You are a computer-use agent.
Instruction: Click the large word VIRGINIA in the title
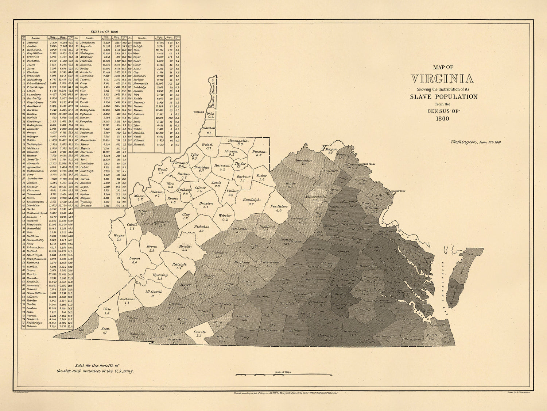pyautogui.click(x=442, y=79)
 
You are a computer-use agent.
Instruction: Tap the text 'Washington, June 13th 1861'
pyautogui.click(x=476, y=142)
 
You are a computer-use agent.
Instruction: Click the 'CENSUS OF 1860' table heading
pyautogui.click(x=104, y=31)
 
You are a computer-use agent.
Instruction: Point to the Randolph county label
pyautogui.click(x=251, y=200)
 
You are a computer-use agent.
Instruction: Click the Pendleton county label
pyautogui.click(x=279, y=206)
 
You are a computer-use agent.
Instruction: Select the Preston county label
pyautogui.click(x=259, y=152)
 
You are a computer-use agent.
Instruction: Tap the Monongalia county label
pyautogui.click(x=238, y=141)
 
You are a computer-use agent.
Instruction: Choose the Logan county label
pyautogui.click(x=135, y=258)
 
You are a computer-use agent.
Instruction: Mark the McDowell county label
pyautogui.click(x=154, y=291)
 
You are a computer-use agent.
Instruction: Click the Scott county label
pyautogui.click(x=105, y=329)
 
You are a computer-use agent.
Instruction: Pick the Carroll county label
pyautogui.click(x=200, y=332)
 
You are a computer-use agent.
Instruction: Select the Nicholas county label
pyautogui.click(x=201, y=227)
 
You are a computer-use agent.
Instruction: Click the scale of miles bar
pyautogui.click(x=283, y=375)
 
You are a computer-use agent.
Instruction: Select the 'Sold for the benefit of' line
pyautogui.click(x=97, y=365)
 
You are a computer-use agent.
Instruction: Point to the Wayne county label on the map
pyautogui.click(x=119, y=236)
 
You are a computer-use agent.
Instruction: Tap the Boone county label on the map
pyautogui.click(x=152, y=247)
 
